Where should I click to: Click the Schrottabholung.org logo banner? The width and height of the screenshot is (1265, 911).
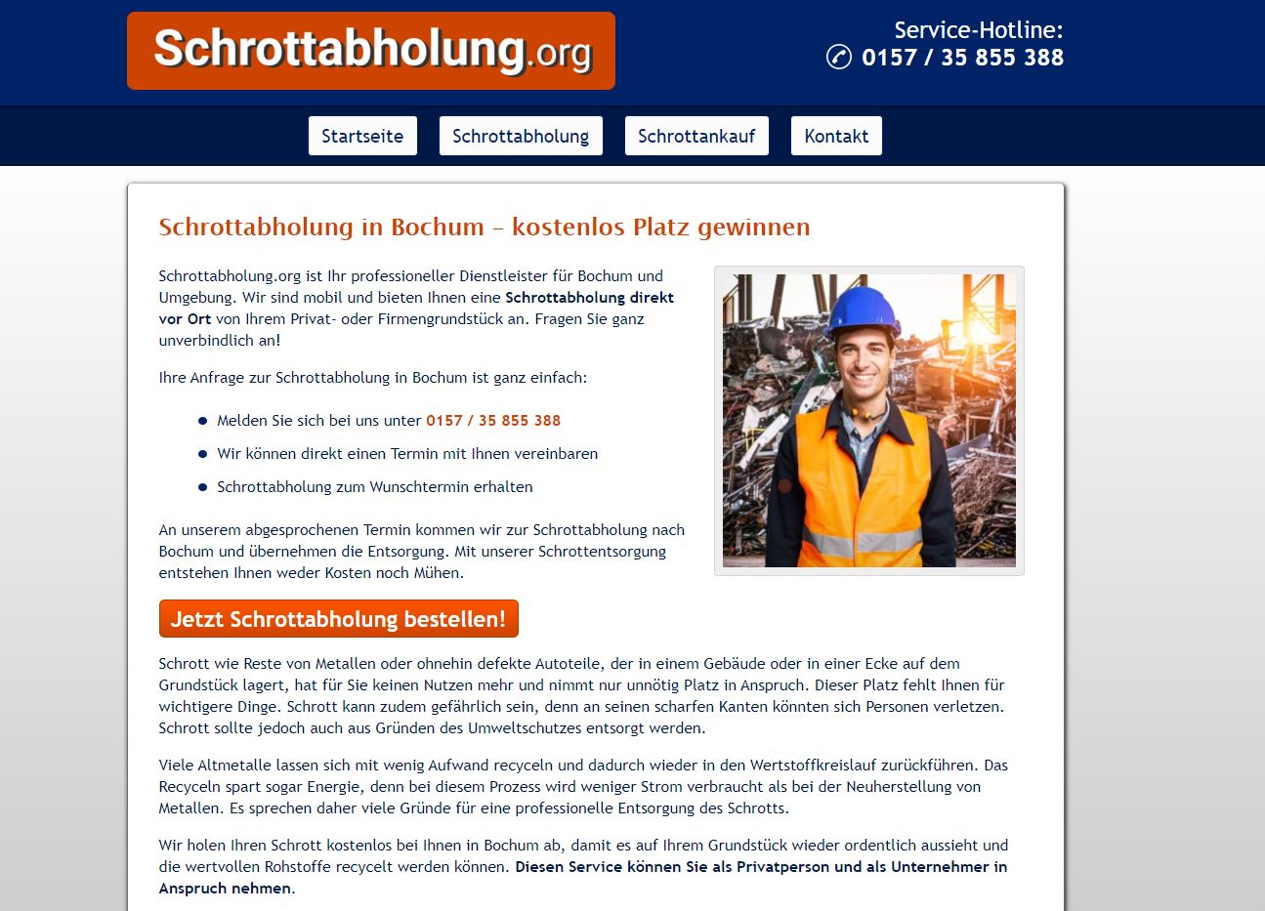(x=371, y=51)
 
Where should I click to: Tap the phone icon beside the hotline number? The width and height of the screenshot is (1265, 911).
(x=838, y=57)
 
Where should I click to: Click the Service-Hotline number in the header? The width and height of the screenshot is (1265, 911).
(x=962, y=58)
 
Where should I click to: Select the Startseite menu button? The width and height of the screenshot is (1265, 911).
(x=362, y=136)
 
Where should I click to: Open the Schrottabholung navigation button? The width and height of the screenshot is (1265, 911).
(x=521, y=136)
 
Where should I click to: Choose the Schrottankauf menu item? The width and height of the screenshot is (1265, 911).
(x=696, y=136)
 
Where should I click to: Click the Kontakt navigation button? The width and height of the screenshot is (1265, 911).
(x=836, y=136)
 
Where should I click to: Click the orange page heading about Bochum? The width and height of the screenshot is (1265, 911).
(x=484, y=227)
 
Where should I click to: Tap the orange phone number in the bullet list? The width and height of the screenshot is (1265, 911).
(x=493, y=421)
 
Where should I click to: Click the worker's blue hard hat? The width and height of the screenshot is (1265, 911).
(x=862, y=310)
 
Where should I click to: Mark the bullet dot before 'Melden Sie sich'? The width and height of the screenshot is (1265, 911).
(x=203, y=421)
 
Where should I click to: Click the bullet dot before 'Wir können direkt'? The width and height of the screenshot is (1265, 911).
(x=203, y=454)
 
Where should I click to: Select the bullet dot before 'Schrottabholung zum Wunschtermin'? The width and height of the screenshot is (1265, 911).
(x=203, y=487)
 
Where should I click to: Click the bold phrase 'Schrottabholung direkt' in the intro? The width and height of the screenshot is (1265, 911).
(x=589, y=298)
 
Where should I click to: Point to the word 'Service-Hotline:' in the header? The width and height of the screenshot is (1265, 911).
(x=978, y=29)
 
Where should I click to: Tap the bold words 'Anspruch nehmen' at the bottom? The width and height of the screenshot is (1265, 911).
(x=225, y=889)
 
